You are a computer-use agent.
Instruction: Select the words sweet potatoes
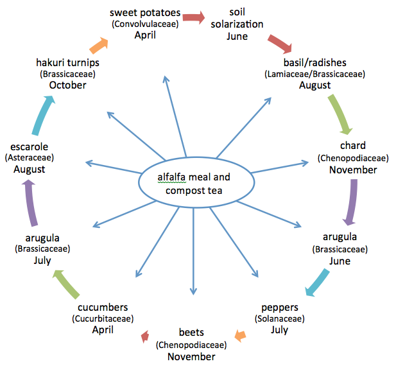145,13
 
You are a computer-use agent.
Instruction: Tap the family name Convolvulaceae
145,24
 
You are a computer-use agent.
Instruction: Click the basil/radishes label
314,63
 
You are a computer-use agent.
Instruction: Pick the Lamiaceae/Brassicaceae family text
314,74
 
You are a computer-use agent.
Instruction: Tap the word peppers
279,307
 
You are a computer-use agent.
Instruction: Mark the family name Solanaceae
279,318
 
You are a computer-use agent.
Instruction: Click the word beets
191,333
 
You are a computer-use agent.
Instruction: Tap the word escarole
29,146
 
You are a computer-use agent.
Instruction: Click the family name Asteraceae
29,158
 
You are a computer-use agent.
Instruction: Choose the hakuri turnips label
67,62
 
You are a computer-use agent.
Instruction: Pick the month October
67,85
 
